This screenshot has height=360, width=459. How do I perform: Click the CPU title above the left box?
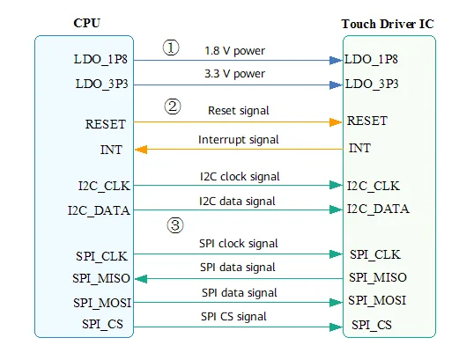pyautogui.click(x=86, y=23)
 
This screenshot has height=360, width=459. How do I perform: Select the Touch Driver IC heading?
pyautogui.click(x=388, y=24)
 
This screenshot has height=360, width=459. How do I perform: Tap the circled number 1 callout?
pyautogui.click(x=171, y=48)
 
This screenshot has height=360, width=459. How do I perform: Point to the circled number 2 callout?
pyautogui.click(x=173, y=107)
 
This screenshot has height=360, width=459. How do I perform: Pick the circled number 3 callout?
pyautogui.click(x=175, y=225)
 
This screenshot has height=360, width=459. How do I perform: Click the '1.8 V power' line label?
pyautogui.click(x=234, y=51)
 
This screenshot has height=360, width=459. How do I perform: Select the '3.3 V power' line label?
pyautogui.click(x=234, y=74)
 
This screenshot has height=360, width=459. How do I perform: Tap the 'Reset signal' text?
pyautogui.click(x=238, y=111)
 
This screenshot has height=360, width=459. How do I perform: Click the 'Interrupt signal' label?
pyautogui.click(x=238, y=140)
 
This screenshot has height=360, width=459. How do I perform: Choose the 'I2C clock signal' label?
pyautogui.click(x=240, y=177)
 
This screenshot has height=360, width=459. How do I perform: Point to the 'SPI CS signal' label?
pyautogui.click(x=233, y=317)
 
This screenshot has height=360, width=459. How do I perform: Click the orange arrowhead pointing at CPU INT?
pyautogui.click(x=141, y=150)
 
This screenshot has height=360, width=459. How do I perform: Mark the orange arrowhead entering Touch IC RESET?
pyautogui.click(x=336, y=122)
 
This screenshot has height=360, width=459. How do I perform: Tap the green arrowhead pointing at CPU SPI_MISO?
pyautogui.click(x=141, y=279)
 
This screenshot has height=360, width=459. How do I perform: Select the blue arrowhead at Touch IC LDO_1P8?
pyautogui.click(x=336, y=61)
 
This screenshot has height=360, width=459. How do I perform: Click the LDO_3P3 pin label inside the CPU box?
pyautogui.click(x=101, y=84)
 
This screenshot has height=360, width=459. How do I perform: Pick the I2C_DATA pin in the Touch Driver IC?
pyautogui.click(x=378, y=209)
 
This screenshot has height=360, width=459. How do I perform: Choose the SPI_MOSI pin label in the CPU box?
pyautogui.click(x=102, y=303)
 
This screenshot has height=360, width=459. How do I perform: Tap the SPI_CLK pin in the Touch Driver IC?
pyautogui.click(x=375, y=254)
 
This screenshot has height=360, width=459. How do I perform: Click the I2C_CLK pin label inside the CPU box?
pyautogui.click(x=104, y=186)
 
